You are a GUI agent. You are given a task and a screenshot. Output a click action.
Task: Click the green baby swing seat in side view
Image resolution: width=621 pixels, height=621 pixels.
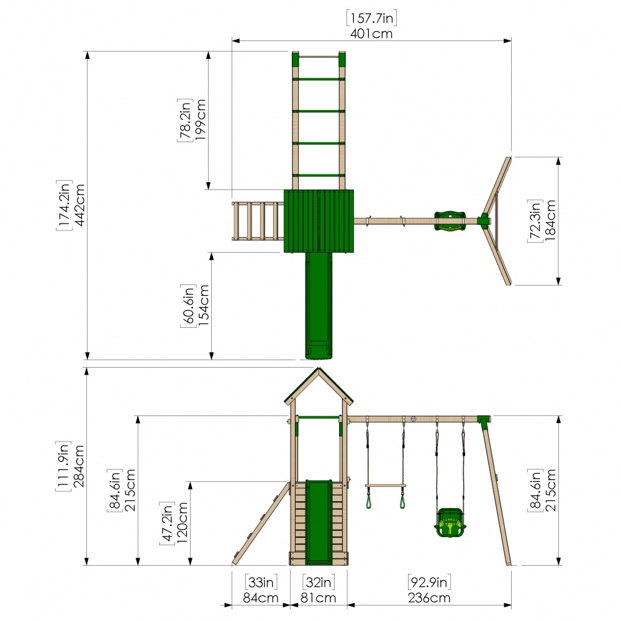point(450,523)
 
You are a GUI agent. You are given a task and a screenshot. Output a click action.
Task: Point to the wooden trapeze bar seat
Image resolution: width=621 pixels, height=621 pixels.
point(386,486)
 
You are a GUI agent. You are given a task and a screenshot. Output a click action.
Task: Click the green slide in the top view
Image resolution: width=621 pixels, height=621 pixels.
point(319,306)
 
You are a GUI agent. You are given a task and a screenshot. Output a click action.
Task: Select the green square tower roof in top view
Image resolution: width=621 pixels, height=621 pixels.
point(319,221)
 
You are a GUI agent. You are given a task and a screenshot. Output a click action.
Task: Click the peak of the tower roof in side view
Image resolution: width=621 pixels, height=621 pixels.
point(319,368)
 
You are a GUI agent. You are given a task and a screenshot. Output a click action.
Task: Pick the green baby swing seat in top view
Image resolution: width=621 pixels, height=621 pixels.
point(450,221)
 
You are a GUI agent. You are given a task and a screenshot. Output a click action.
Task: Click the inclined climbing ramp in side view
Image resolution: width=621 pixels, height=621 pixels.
point(261,524)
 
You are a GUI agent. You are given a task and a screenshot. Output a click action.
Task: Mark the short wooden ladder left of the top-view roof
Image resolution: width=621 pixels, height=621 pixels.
point(258,221)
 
